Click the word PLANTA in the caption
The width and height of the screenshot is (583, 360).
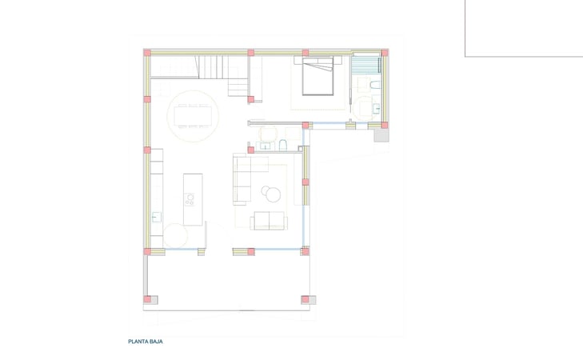(x=138, y=342)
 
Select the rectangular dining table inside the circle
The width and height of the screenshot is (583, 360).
(x=193, y=116)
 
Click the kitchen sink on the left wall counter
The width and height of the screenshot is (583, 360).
(x=157, y=215)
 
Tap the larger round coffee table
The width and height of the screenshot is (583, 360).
(x=274, y=193)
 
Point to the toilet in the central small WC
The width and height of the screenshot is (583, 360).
(x=283, y=144)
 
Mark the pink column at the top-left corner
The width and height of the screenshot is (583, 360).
(x=146, y=53)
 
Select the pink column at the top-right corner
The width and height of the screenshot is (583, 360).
(x=385, y=53)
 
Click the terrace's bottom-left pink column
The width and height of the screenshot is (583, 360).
(x=147, y=300)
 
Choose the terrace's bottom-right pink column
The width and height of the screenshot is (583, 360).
(x=305, y=300)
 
